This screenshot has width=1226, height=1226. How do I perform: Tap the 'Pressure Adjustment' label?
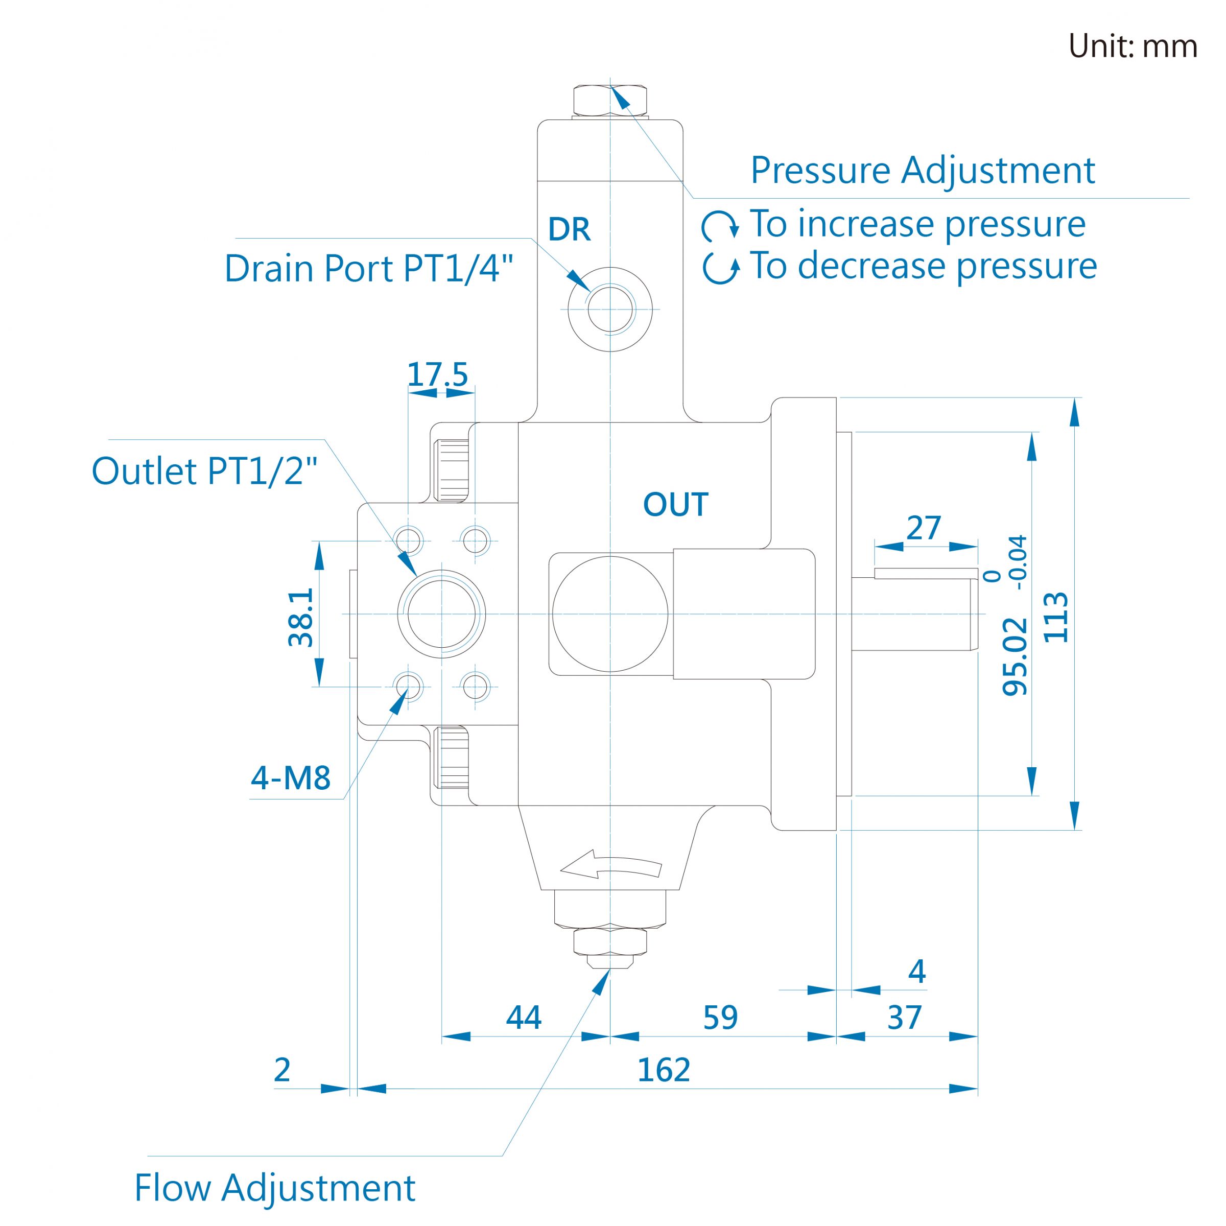(x=923, y=171)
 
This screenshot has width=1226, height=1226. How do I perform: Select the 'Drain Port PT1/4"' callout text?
(x=369, y=268)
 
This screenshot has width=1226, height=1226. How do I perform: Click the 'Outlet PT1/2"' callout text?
(x=204, y=471)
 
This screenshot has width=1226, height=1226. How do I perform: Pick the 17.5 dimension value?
(x=437, y=374)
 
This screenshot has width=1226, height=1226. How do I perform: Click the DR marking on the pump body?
(x=569, y=230)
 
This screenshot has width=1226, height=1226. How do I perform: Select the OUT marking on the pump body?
(x=675, y=505)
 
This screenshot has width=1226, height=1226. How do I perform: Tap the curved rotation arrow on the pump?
(x=611, y=865)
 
